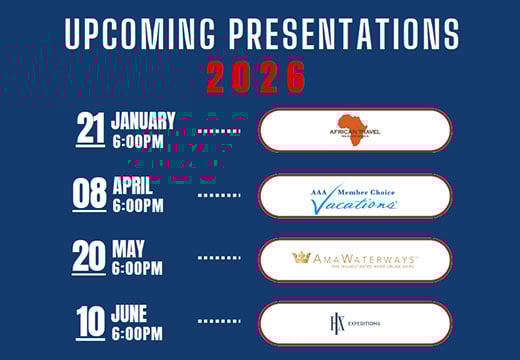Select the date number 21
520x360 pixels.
pyautogui.click(x=91, y=129)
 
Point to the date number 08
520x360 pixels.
pyautogui.click(x=89, y=193)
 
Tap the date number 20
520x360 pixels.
pyautogui.click(x=89, y=257)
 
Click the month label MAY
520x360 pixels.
pyautogui.click(x=129, y=249)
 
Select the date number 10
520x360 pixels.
pyautogui.click(x=91, y=322)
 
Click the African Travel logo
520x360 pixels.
pyautogui.click(x=354, y=129)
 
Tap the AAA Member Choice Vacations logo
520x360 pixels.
pyautogui.click(x=354, y=194)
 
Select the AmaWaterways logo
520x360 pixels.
pyautogui.click(x=354, y=259)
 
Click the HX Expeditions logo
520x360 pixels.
pyautogui.click(x=354, y=323)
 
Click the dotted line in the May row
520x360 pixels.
pyautogui.click(x=219, y=258)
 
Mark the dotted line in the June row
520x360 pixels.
pyautogui.click(x=219, y=322)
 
